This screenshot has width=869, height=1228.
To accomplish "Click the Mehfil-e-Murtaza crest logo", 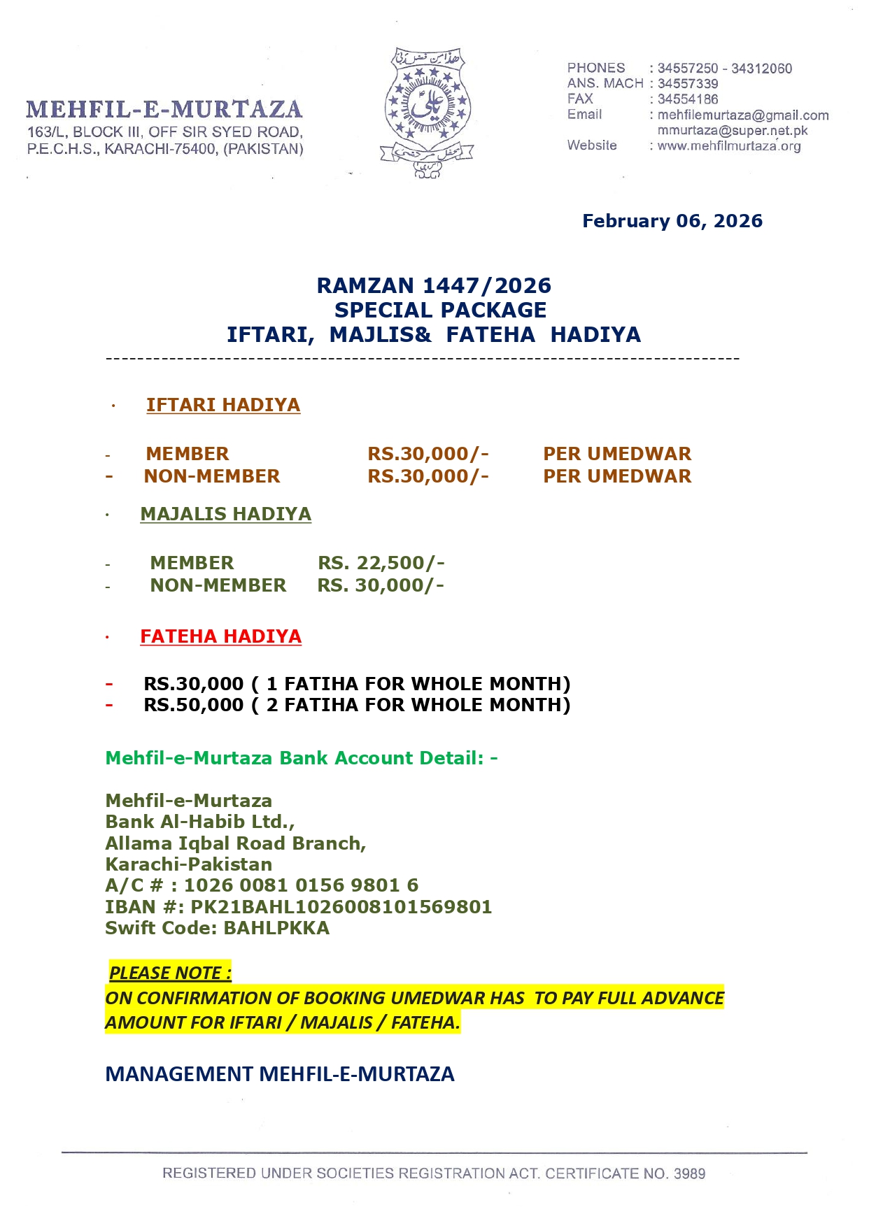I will [427, 112].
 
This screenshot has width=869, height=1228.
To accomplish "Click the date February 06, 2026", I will [672, 221].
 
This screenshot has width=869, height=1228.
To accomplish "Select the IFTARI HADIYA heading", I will [222, 405].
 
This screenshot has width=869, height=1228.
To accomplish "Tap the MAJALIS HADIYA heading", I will [225, 514].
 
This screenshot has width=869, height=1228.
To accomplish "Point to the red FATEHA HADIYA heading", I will [220, 636].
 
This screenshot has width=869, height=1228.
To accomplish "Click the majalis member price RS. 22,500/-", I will [381, 563].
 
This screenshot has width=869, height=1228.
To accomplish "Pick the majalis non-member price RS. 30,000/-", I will [381, 585].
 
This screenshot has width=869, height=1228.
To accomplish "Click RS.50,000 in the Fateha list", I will [194, 705].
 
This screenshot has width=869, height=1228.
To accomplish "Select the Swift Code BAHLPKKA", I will [276, 928].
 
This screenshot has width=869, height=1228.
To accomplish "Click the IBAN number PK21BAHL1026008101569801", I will [341, 907].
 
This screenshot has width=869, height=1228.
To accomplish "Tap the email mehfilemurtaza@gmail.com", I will [743, 115].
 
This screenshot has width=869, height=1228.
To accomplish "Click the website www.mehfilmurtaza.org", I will [729, 146].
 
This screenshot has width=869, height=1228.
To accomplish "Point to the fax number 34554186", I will [688, 99].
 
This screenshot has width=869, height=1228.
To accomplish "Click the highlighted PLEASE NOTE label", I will [170, 973].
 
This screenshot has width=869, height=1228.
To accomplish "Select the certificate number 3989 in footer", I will [689, 1173].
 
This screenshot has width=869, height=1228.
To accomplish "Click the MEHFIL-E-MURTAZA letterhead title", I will [164, 110].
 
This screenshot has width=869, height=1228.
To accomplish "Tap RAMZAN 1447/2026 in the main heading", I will [434, 285].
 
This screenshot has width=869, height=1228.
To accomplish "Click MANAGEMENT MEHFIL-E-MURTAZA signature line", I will [280, 1074].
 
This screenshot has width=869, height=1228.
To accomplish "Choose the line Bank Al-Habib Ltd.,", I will [200, 822].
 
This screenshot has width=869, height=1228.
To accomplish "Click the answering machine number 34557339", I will [688, 84].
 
